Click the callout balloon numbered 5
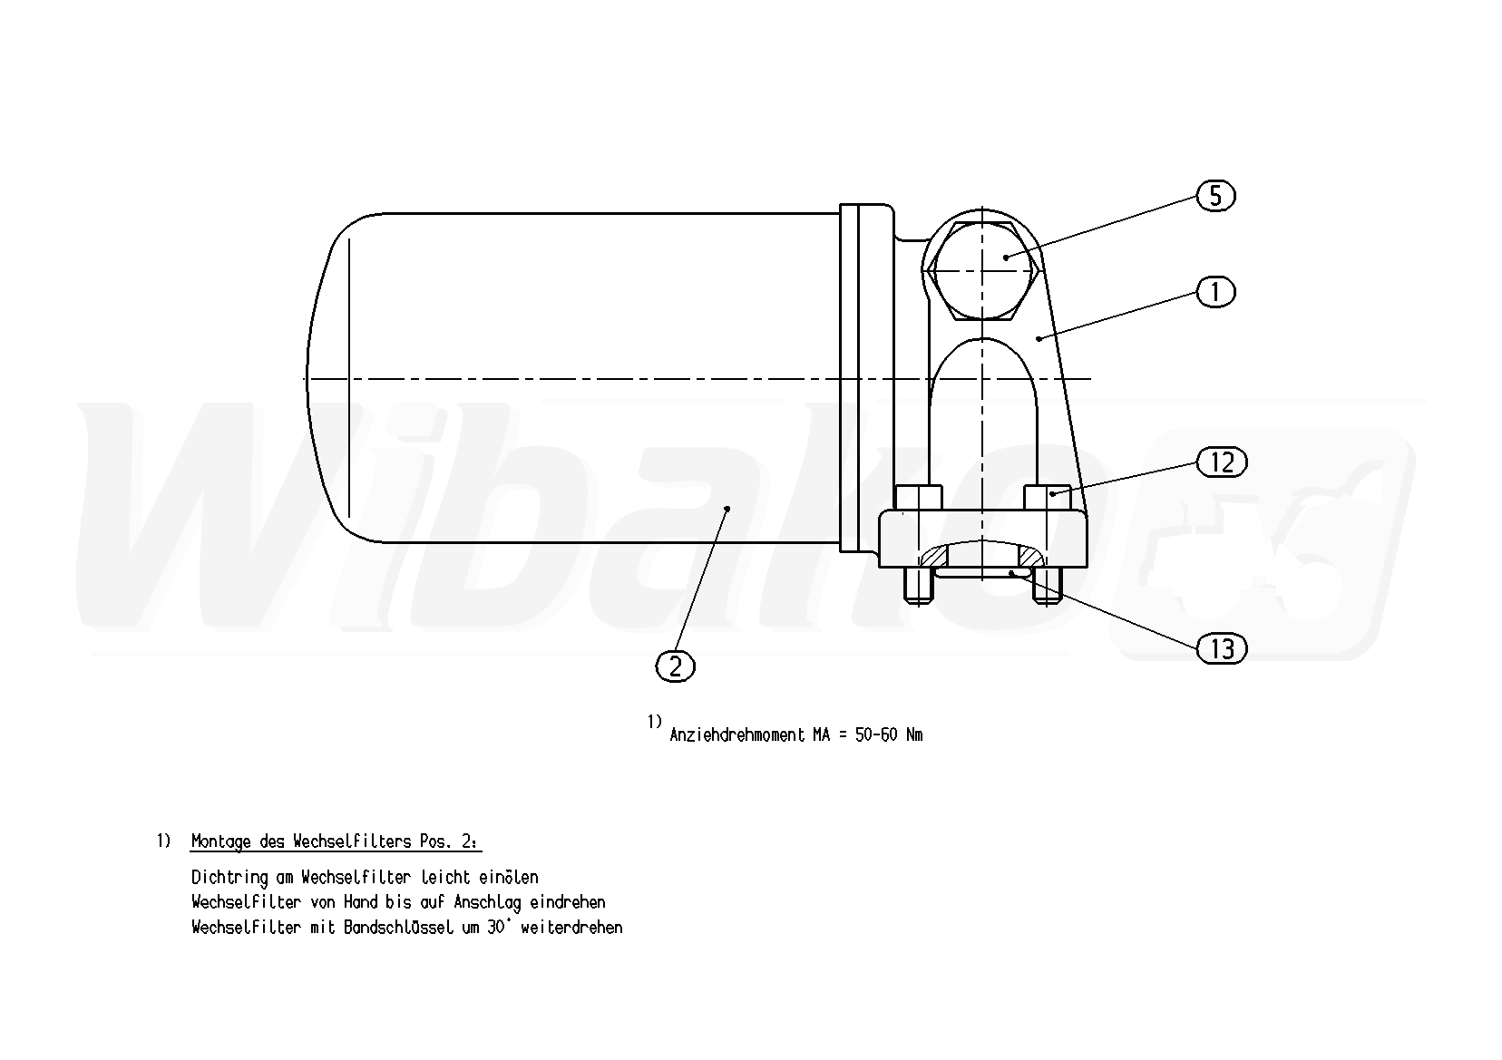pyautogui.click(x=1215, y=196)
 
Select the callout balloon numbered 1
pyautogui.click(x=1215, y=292)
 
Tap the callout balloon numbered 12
pyautogui.click(x=1222, y=462)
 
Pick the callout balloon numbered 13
pyautogui.click(x=1222, y=648)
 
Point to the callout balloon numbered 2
pyautogui.click(x=675, y=666)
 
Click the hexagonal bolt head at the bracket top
pyautogui.click(x=982, y=270)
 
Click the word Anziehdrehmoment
pyautogui.click(x=737, y=734)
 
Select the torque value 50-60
pyautogui.click(x=876, y=734)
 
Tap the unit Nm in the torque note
pyautogui.click(x=914, y=734)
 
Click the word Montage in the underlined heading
pyautogui.click(x=220, y=842)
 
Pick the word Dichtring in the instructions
pyautogui.click(x=229, y=878)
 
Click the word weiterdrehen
pyautogui.click(x=571, y=928)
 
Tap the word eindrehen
pyautogui.click(x=568, y=902)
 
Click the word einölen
pyautogui.click(x=509, y=878)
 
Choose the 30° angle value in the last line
pyautogui.click(x=498, y=927)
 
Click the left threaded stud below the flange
pyautogui.click(x=918, y=585)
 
